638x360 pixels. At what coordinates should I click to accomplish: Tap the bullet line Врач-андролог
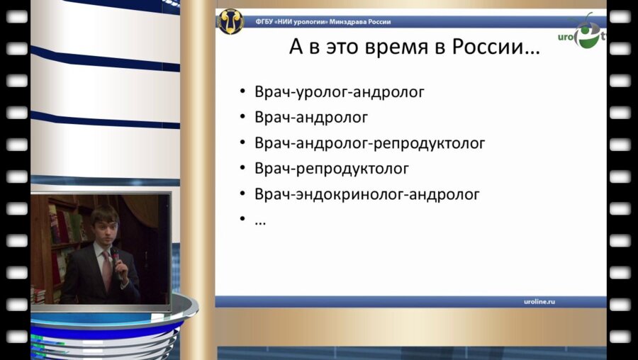click(x=311, y=117)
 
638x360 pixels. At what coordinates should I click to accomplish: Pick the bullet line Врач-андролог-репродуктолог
click(x=369, y=142)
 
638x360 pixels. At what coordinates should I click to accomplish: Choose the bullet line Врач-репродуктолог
click(x=332, y=168)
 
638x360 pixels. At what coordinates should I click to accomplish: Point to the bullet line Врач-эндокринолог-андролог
click(x=367, y=193)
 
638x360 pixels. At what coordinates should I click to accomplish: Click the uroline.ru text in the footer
click(x=535, y=301)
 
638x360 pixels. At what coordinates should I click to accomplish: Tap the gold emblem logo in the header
click(x=230, y=22)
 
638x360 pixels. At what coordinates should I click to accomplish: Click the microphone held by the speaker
click(x=114, y=255)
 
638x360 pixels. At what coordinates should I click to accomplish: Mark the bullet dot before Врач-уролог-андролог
click(x=242, y=92)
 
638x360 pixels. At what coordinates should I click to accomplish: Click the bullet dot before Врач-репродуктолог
click(x=242, y=169)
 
